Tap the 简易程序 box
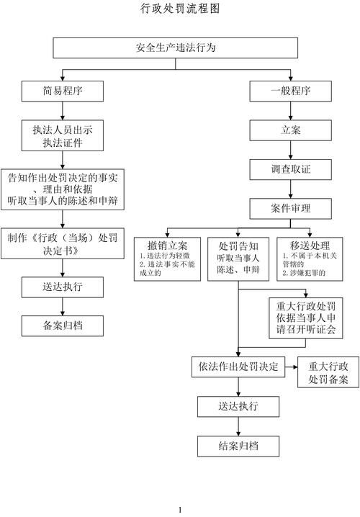point(63,91)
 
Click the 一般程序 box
point(291,91)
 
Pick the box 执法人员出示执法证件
point(63,136)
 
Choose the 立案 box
point(291,130)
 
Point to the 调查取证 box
point(291,169)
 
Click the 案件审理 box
point(291,208)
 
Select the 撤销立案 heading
point(167,246)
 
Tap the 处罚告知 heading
point(238,246)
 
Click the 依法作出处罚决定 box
point(238,366)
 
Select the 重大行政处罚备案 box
point(328,372)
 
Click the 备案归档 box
point(63,325)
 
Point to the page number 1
point(180,510)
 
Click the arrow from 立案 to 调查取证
point(291,150)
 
